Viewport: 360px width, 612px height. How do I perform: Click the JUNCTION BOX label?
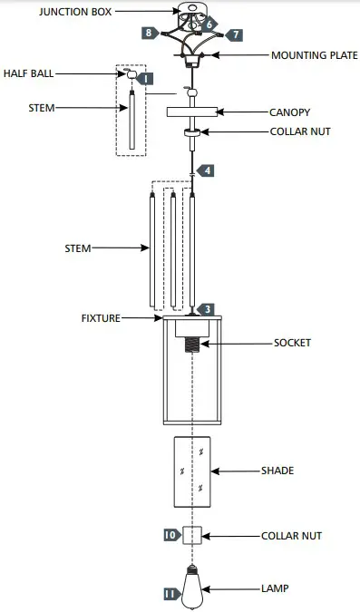coord(75,12)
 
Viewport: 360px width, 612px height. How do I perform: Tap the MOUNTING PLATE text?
coord(315,55)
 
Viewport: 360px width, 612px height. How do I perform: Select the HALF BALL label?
coord(28,73)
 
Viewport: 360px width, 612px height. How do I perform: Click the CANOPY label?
coord(289,112)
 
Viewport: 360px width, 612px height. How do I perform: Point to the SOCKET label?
coord(293,343)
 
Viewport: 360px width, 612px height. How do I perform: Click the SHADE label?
coord(277,471)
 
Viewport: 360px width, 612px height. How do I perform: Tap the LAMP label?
coord(276,588)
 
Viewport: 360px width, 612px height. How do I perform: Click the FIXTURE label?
coord(101,318)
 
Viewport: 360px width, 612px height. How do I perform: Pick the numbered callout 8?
coord(150,33)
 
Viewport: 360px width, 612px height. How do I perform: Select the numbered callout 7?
coord(234,34)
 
